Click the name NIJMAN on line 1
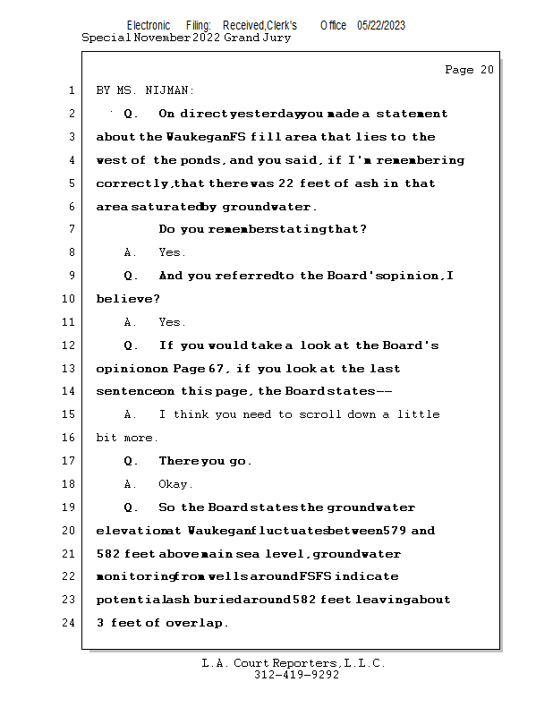[170, 90]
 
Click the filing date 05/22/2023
[380, 25]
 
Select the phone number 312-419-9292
[296, 675]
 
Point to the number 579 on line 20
[395, 531]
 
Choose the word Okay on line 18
[175, 484]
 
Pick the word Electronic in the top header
[149, 25]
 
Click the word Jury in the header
[276, 38]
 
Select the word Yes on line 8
[172, 253]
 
